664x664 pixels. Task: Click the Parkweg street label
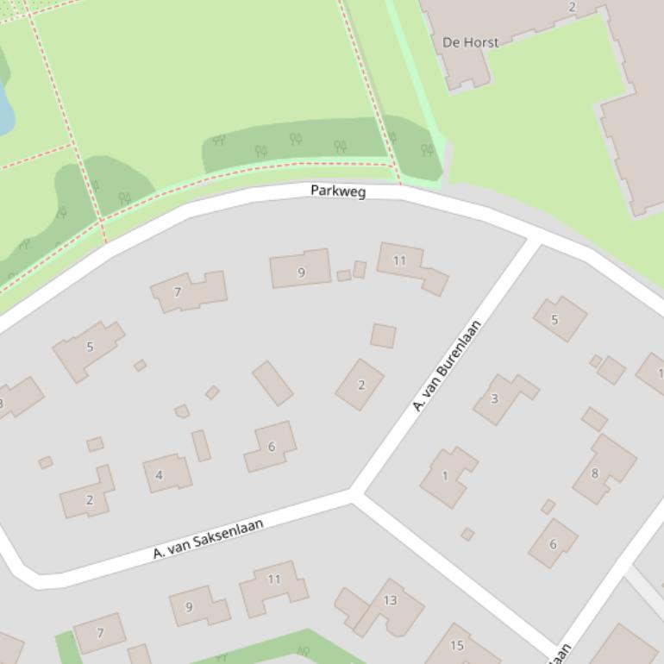(x=338, y=191)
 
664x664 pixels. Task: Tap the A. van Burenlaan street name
(x=446, y=366)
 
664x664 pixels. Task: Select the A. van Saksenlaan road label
(x=208, y=538)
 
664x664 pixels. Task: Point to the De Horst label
(x=470, y=41)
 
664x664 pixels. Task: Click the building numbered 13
(x=390, y=601)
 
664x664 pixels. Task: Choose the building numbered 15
(x=457, y=645)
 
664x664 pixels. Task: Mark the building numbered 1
(x=445, y=475)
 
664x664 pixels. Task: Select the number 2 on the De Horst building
(x=572, y=7)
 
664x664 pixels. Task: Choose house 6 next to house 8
(x=553, y=544)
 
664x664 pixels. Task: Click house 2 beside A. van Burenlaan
(x=360, y=385)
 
